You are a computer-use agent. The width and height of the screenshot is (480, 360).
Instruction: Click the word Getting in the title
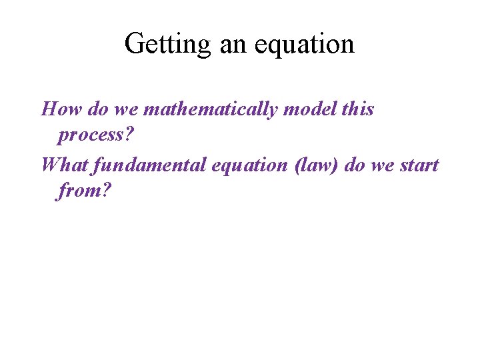pos(165,45)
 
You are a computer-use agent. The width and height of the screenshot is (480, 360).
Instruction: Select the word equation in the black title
pos(303,45)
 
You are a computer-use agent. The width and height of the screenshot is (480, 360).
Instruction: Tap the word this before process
pos(358,109)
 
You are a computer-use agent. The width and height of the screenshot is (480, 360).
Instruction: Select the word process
pos(92,136)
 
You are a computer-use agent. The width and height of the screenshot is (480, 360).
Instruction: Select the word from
pos(79,192)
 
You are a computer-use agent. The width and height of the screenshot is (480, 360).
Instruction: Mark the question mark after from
pos(105,192)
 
